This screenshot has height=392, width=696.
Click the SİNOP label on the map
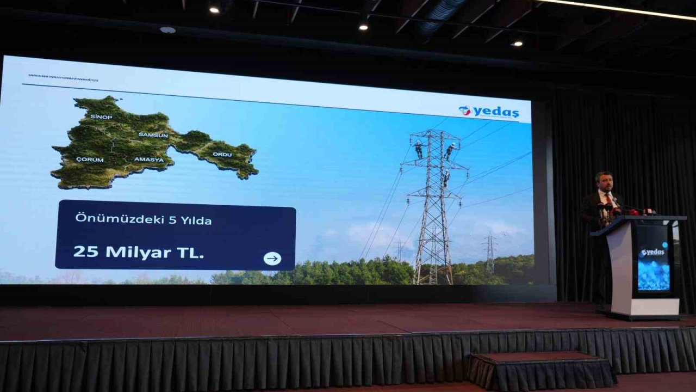tap(101, 117)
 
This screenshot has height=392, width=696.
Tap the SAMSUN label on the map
tap(153, 134)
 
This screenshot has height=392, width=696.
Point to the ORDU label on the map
tap(222, 154)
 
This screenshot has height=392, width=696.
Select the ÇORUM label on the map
tap(90, 160)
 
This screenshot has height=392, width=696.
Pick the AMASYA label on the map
tap(148, 160)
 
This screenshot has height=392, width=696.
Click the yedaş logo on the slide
tap(489, 112)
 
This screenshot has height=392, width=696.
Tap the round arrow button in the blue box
tap(272, 259)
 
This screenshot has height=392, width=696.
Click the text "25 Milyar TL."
tap(139, 252)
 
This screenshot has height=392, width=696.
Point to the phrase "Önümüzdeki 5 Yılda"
tap(144, 220)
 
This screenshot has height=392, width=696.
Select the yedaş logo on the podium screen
tap(652, 252)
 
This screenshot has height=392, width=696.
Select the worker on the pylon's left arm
tap(418, 149)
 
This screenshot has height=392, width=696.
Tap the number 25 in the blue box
tap(85, 252)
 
